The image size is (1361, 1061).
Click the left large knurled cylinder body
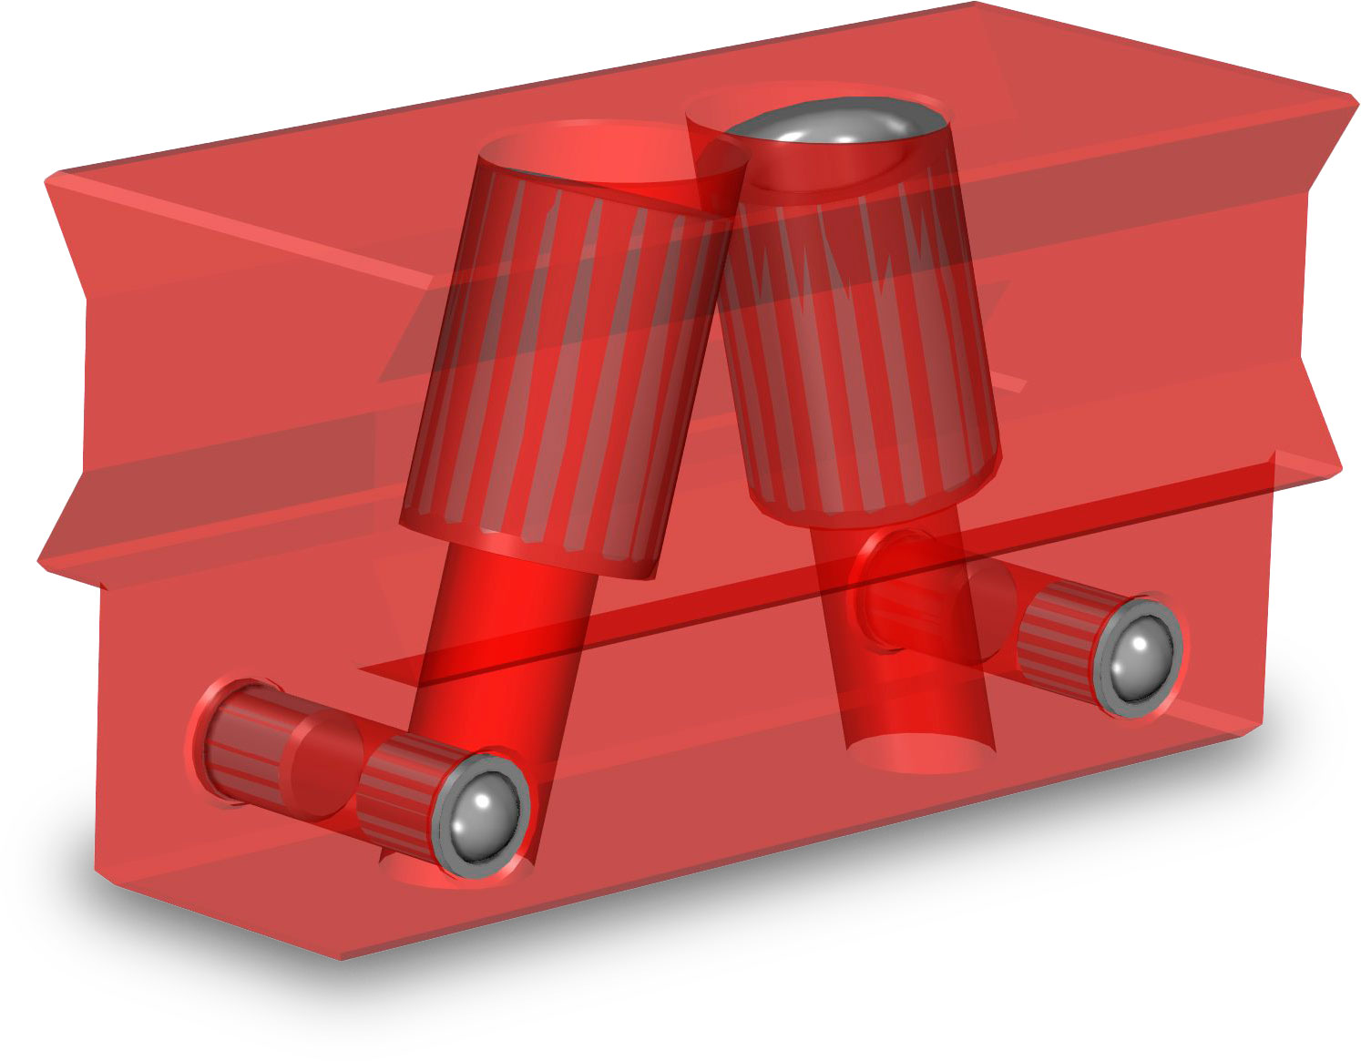pos(556,364)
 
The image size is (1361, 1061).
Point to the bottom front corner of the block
pos(341,956)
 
